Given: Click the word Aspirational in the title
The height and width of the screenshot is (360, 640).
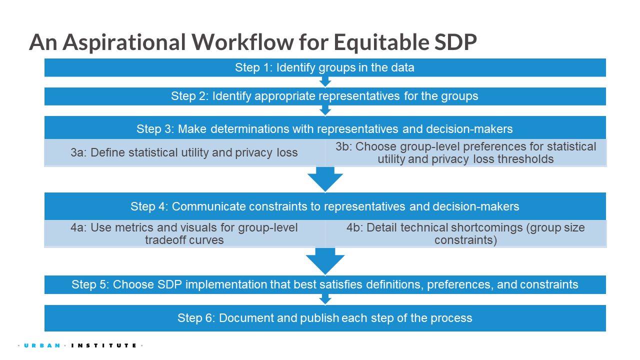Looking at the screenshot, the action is pos(124,43).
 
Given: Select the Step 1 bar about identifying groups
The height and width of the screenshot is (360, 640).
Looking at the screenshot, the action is pos(325,67).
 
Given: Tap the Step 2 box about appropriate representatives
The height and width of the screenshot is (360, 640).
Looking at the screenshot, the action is pos(325,96).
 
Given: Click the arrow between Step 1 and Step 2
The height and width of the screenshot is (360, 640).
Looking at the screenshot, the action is pos(325,81).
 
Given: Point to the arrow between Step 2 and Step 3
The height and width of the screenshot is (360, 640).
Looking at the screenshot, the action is pos(325,110).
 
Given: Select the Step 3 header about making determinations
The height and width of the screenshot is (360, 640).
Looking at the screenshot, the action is pos(325,127).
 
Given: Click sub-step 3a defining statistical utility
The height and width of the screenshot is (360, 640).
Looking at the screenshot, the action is pos(184,152).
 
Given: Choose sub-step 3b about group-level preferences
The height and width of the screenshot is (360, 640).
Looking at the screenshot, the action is pos(465,152).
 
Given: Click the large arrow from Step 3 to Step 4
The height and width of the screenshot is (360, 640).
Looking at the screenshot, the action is pos(325,179).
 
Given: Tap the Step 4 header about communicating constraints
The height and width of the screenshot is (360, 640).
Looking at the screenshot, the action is pos(325,206).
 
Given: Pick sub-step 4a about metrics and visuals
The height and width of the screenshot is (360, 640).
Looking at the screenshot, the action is pos(184,233).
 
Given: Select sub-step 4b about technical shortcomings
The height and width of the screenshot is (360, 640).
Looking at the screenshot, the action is pos(465,233).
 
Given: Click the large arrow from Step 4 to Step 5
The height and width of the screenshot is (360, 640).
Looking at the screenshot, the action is pos(325,261).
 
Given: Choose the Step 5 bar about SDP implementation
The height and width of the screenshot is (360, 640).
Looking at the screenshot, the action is pos(325,284).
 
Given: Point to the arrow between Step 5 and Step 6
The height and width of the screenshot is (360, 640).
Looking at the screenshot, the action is pos(325,299).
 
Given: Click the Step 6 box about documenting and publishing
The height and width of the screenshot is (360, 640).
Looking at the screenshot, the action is pos(325,318).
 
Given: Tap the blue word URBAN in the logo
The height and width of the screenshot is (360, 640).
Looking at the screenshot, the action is pos(42,345).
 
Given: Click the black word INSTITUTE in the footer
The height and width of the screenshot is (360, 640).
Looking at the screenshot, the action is pos(104,345).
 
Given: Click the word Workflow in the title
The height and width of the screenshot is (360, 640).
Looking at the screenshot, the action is pos(242,42).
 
